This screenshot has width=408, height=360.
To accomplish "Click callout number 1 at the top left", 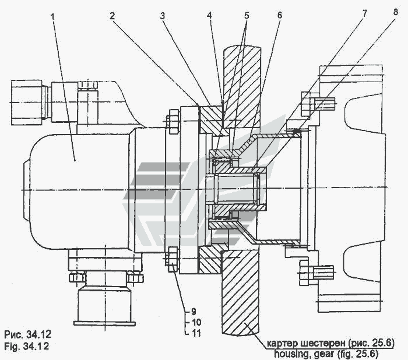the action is pyautogui.click(x=53, y=17).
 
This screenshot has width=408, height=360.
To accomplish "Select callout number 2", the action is pyautogui.click(x=112, y=16).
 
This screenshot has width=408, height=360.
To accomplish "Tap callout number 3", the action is pyautogui.click(x=163, y=16).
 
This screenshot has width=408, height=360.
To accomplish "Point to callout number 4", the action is pyautogui.click(x=209, y=15).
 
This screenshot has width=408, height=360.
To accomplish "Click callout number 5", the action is pyautogui.click(x=247, y=15).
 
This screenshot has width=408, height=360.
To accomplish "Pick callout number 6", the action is pyautogui.click(x=279, y=15).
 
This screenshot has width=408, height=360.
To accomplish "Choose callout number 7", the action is pyautogui.click(x=364, y=13).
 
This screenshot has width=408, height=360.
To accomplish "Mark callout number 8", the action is pyautogui.click(x=396, y=12).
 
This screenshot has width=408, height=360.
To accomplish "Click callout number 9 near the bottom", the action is pyautogui.click(x=194, y=311).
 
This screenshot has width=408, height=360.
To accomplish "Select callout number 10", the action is pyautogui.click(x=196, y=322).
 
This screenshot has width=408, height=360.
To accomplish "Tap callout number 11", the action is pyautogui.click(x=196, y=333).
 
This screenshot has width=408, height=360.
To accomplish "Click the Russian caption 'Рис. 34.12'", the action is pyautogui.click(x=28, y=334).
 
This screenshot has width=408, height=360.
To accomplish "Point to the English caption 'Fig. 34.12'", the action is pyautogui.click(x=27, y=347).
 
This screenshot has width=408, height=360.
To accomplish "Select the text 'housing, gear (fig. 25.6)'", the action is pyautogui.click(x=326, y=354).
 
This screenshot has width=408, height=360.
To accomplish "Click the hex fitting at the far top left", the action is pyautogui.click(x=27, y=103).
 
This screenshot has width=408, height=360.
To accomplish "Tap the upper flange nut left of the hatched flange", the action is pyautogui.click(x=173, y=122).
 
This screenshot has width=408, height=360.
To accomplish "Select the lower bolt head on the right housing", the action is pyautogui.click(x=307, y=273).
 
